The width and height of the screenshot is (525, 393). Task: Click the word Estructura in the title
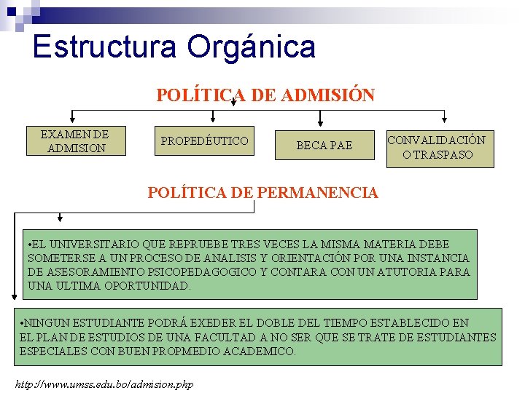click(105, 47)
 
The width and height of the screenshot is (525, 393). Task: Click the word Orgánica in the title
click(252, 48)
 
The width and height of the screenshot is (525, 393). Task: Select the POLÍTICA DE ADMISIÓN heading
click(265, 95)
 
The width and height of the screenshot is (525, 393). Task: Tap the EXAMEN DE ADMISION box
click(76, 141)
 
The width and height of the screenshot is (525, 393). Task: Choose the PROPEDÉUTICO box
click(205, 140)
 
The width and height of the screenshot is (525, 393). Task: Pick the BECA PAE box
click(324, 146)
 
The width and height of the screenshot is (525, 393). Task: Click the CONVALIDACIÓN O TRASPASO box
click(437, 148)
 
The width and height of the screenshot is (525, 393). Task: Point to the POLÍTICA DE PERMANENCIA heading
click(262, 193)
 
